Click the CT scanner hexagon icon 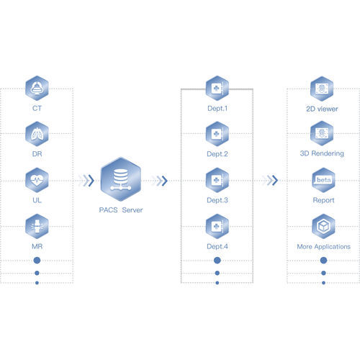[x=37, y=89]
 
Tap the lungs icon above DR [x=37, y=134]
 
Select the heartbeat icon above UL [x=37, y=180]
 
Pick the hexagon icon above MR [x=37, y=227]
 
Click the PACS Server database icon [x=121, y=179]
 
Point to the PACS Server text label [x=121, y=210]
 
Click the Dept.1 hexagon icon [x=217, y=89]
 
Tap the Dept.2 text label [x=217, y=154]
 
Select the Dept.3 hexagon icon [x=217, y=180]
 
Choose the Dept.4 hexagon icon [x=217, y=227]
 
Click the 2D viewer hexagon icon [x=322, y=89]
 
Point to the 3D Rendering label [x=322, y=153]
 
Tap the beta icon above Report [x=323, y=180]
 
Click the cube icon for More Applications [x=323, y=227]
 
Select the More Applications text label [x=323, y=247]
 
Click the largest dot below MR [x=37, y=261]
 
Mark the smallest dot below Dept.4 [x=217, y=283]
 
